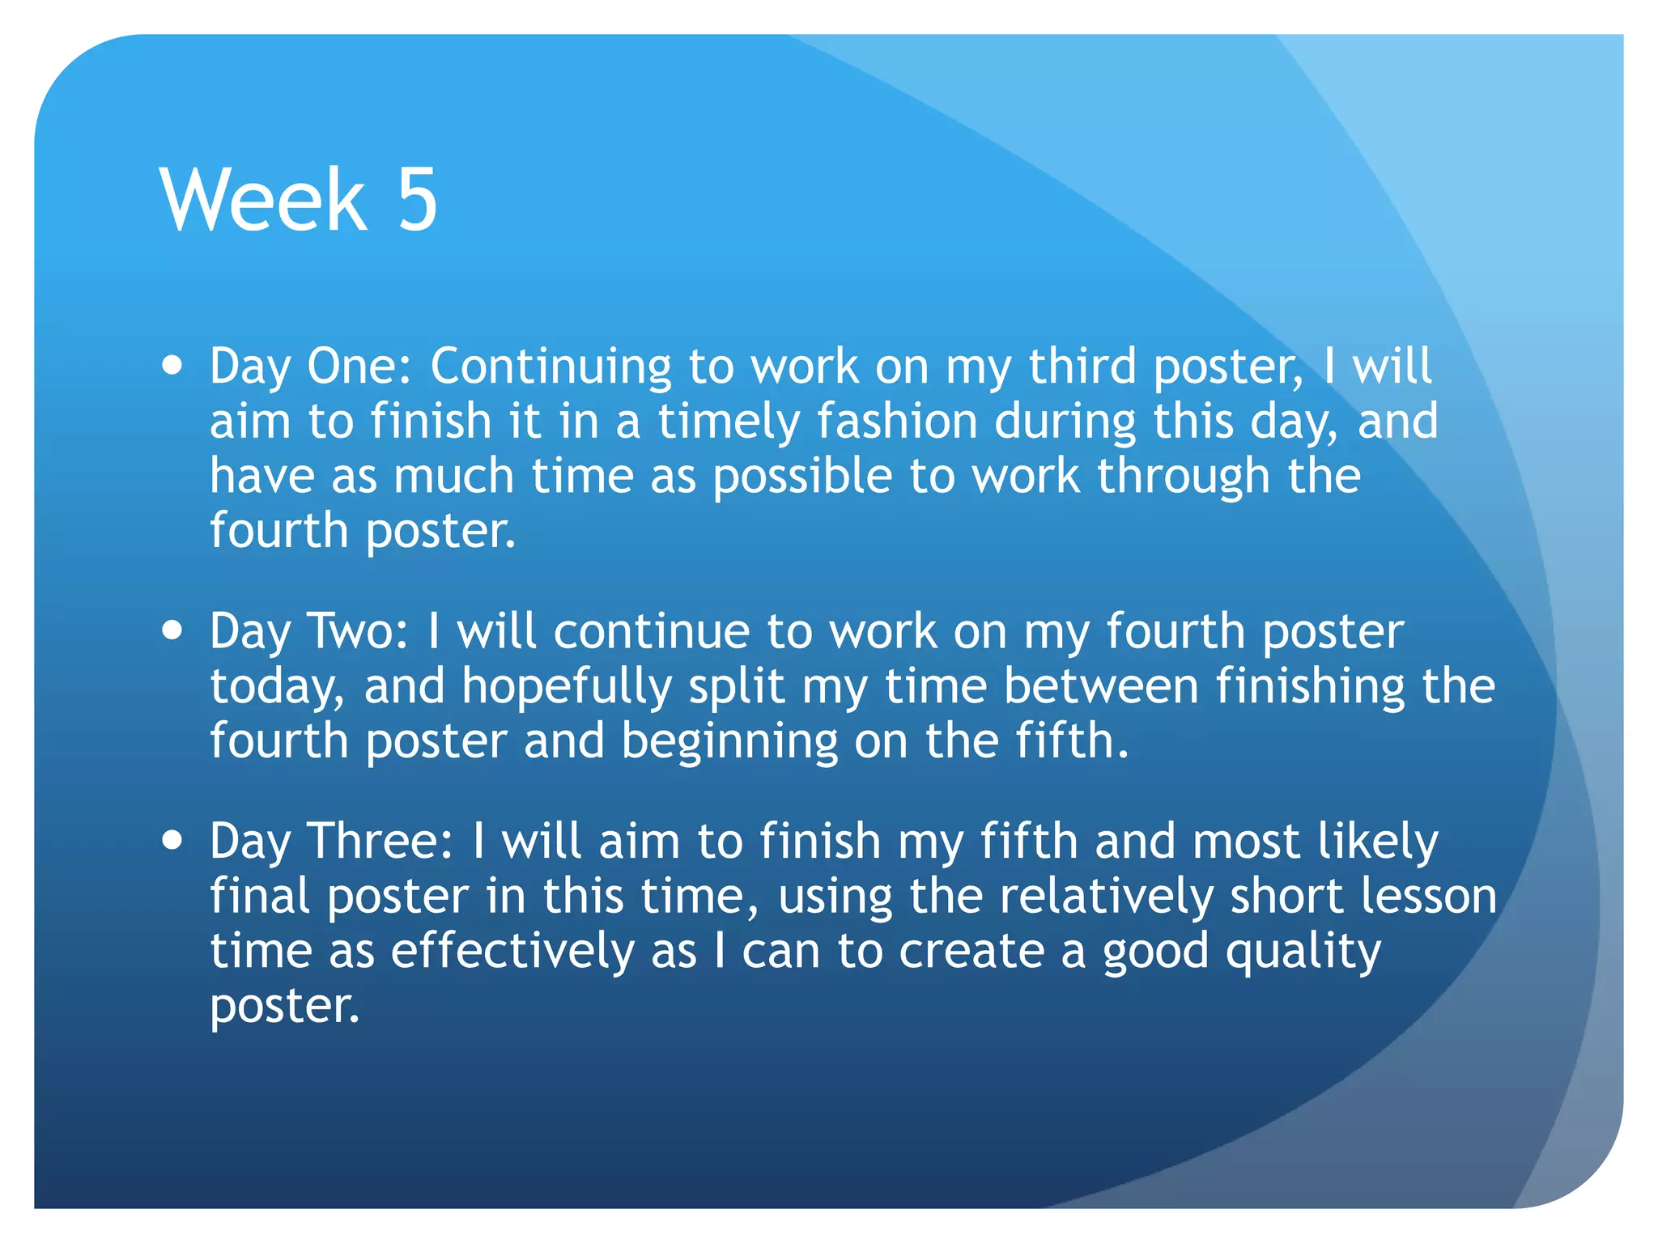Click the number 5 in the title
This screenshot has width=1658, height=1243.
[417, 199]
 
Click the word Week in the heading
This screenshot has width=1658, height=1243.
[264, 199]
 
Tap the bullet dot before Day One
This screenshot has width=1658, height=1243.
[172, 365]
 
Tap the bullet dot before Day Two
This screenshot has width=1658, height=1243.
[172, 630]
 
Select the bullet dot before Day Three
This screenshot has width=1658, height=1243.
[172, 840]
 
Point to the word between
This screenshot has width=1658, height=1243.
[1101, 686]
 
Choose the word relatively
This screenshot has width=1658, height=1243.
[1106, 897]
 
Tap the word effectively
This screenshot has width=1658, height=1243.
[512, 951]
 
